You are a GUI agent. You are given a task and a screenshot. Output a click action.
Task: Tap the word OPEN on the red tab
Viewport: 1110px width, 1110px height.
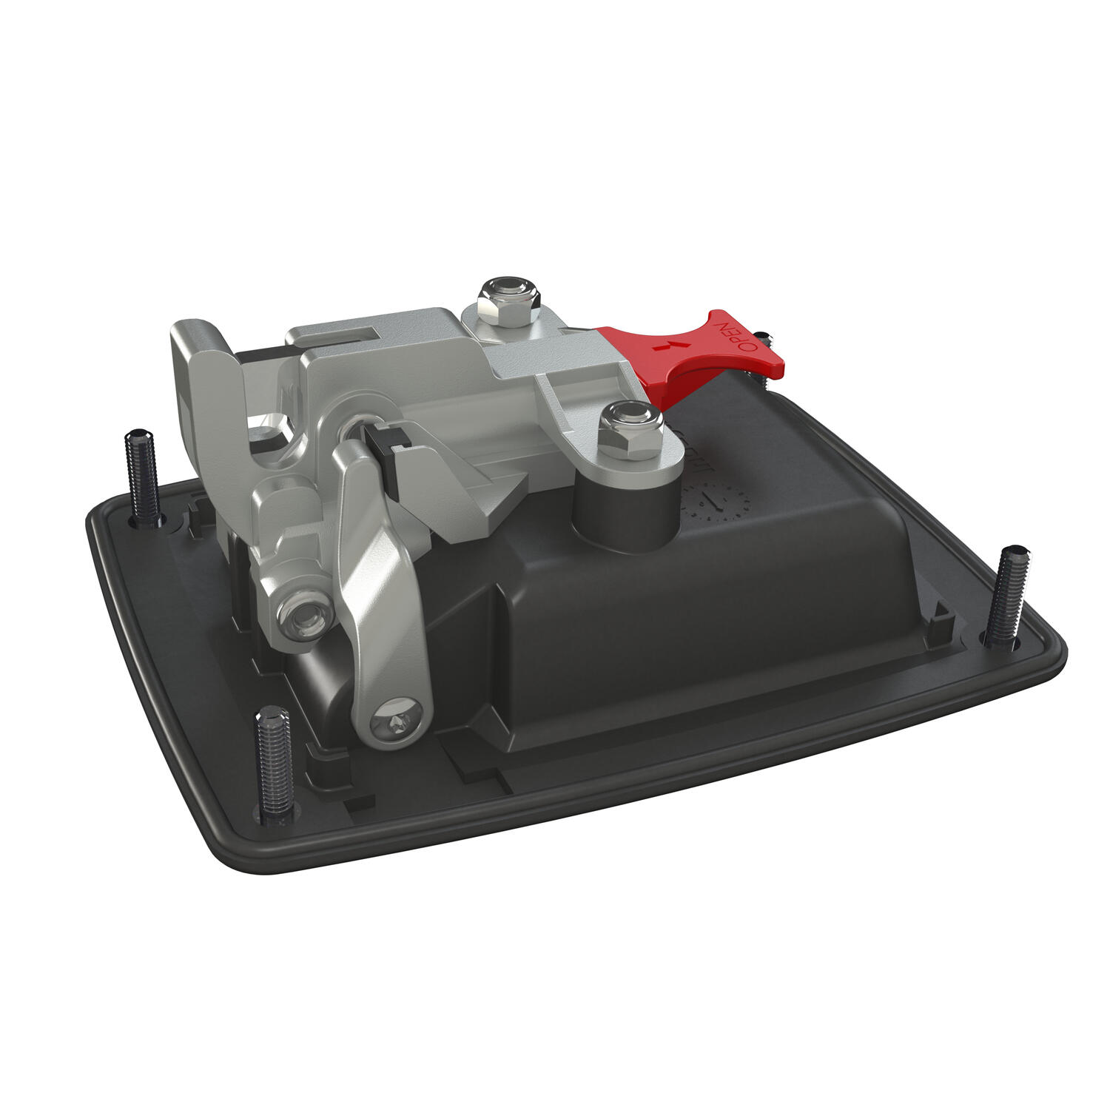pyautogui.click(x=739, y=337)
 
